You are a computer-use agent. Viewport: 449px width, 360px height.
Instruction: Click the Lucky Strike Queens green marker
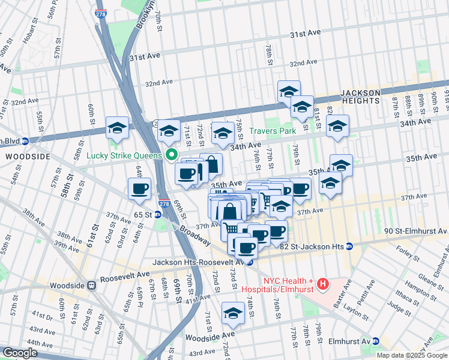171,155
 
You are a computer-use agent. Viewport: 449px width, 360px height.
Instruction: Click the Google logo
20,353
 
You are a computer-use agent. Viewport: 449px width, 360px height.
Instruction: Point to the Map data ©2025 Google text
411,355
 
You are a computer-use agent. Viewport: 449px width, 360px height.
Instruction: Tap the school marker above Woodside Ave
233,313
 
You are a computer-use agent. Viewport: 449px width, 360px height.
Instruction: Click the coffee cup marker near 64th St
140,188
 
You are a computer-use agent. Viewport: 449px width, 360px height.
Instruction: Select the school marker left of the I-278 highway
117,127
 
